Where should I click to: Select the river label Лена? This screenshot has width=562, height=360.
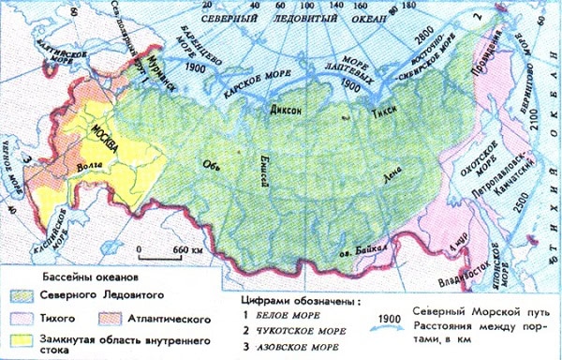tap(379, 174)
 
